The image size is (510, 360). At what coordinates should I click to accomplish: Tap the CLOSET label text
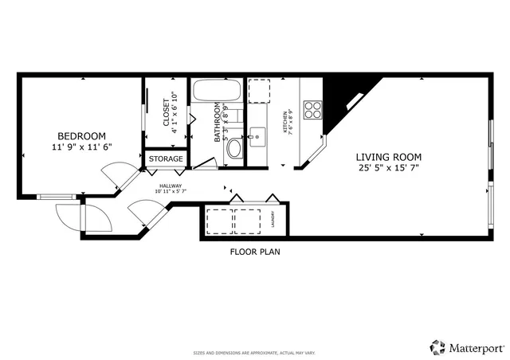[x=167, y=112]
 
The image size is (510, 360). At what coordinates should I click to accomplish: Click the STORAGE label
[x=167, y=159]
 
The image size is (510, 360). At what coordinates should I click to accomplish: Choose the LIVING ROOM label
[x=388, y=157]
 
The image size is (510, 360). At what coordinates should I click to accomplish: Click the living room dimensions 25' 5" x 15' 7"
[x=388, y=168]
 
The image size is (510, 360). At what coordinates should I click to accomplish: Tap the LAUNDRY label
[x=272, y=219]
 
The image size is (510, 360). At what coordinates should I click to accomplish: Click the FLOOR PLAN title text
[x=255, y=252]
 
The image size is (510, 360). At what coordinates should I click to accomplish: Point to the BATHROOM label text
[x=217, y=123]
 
